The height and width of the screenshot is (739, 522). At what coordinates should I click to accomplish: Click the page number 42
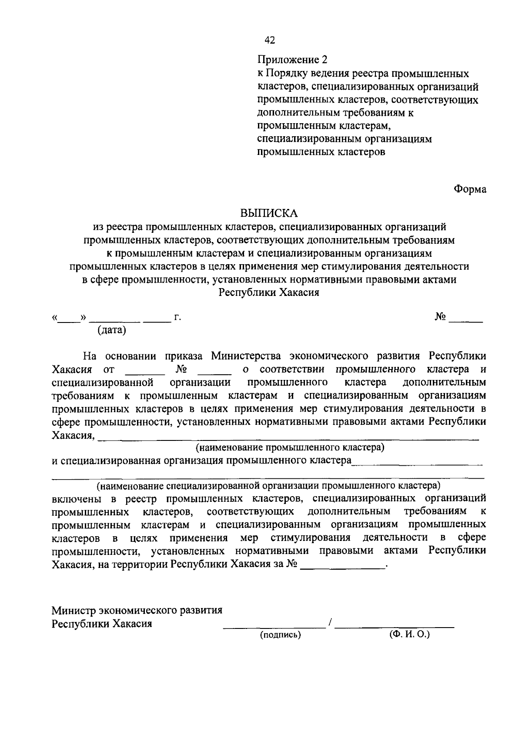click(270, 40)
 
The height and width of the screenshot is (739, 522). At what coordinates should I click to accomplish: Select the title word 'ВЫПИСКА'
click(269, 213)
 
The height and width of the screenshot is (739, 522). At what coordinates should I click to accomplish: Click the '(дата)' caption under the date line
click(112, 330)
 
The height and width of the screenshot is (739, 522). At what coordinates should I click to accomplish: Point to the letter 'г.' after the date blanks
click(177, 318)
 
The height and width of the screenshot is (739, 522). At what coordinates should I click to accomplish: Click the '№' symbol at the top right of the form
click(440, 317)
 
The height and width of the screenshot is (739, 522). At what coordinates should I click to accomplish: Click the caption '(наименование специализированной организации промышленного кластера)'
click(268, 485)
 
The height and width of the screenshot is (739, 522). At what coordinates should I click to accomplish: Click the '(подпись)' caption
click(281, 635)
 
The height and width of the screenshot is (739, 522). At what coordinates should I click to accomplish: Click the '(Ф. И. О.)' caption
click(409, 634)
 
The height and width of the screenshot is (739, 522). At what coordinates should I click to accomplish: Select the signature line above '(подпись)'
click(274, 627)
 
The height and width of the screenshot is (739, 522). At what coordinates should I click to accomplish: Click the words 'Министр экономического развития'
click(137, 610)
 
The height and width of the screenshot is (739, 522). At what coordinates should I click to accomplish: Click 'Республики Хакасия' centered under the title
click(269, 292)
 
